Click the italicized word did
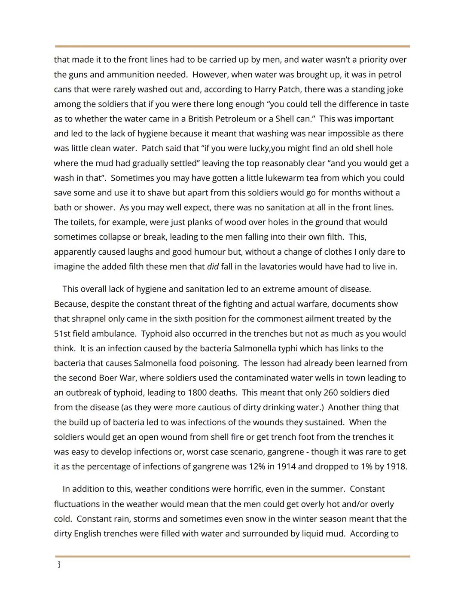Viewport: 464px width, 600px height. (213, 267)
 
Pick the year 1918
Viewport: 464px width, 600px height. (396, 466)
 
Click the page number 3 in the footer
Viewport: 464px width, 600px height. (58, 565)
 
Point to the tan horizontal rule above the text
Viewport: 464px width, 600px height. (232, 46)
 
